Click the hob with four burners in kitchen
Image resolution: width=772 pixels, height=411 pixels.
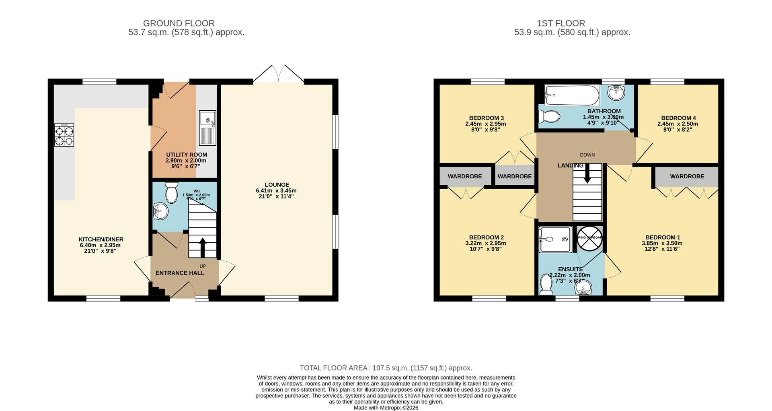(64, 135)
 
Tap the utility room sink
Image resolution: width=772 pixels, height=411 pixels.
(207, 128)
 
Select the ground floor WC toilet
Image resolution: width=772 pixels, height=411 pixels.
(172, 193)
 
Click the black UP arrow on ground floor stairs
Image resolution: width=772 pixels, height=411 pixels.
(202, 247)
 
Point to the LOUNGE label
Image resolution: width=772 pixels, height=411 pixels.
(277, 185)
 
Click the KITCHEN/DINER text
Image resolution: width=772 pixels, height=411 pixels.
(101, 239)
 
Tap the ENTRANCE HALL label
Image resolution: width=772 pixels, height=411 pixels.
(180, 273)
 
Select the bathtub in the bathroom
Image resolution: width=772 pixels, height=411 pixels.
(572, 95)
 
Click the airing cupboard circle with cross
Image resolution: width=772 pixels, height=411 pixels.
(589, 238)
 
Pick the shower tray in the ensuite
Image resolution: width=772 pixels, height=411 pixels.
(555, 239)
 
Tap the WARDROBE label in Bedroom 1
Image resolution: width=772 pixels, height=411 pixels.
(687, 176)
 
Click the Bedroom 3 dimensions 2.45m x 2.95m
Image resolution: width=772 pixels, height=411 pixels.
(485, 124)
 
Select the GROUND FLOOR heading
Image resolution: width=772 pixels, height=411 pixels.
(179, 23)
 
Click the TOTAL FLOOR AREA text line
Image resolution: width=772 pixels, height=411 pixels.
(386, 368)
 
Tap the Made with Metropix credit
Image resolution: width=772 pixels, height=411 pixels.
(386, 408)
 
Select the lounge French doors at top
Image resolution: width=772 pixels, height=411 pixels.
(278, 74)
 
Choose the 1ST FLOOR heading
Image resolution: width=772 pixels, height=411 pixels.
(561, 23)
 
